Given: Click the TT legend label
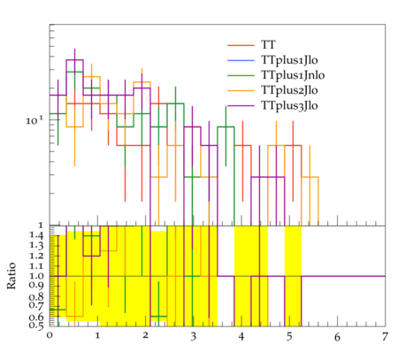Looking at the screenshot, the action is point(268,45).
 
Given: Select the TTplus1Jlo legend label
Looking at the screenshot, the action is point(289,60).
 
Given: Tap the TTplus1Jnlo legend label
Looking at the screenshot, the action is point(293,75).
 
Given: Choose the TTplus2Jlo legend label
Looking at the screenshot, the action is point(289,90).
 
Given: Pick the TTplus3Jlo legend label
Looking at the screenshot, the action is point(289,105).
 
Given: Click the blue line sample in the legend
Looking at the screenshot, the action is point(241,60).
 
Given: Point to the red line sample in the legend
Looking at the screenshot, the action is point(241,45).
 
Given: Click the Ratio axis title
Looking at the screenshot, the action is point(11,276).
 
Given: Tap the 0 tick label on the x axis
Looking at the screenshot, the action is point(50,336).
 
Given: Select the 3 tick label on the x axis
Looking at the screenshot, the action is point(193,336).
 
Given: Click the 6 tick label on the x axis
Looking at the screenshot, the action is point(337,336).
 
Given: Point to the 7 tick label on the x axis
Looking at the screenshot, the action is point(385,336).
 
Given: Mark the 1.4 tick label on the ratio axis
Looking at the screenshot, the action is point(36,235).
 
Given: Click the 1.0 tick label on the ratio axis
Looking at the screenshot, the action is point(36,276).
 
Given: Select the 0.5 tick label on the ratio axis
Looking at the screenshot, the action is point(36,326).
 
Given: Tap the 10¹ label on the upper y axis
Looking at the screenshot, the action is point(34,120).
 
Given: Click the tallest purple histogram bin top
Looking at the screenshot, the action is point(74,60).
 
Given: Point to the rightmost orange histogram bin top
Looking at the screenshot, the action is point(310,177).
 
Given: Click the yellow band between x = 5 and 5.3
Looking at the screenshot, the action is point(293,276).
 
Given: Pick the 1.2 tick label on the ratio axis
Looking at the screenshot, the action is point(36,256).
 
